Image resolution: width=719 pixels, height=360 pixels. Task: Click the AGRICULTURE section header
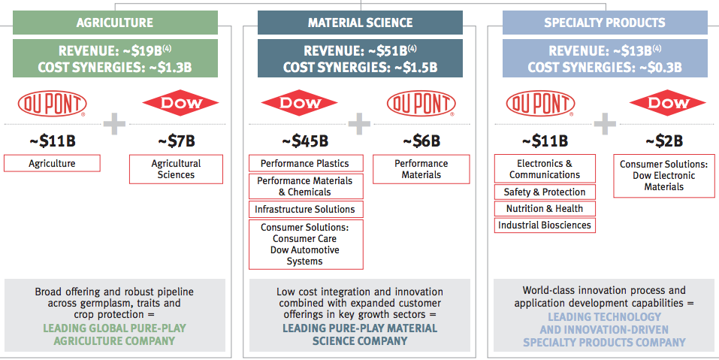tap(115, 23)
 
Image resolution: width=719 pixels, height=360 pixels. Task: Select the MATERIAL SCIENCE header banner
tap(360, 23)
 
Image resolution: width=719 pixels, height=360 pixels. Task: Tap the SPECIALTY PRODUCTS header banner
tap(605, 23)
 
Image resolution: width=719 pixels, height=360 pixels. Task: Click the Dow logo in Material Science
tap(298, 104)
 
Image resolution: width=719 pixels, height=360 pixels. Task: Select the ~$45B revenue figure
tap(306, 141)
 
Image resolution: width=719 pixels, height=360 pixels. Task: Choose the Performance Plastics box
tap(305, 163)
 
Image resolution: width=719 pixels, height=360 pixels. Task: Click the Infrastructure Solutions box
tap(305, 209)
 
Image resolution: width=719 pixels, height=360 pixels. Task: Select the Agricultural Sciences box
tap(177, 169)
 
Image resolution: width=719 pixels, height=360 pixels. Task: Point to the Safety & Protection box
tap(545, 192)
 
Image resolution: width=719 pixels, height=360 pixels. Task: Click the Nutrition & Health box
tap(545, 209)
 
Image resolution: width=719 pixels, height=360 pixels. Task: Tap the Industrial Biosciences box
tap(545, 225)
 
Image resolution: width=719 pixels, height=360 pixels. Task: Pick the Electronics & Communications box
tap(545, 169)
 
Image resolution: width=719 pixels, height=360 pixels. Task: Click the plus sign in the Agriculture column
tap(114, 123)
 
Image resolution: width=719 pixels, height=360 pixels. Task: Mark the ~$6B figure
tap(421, 141)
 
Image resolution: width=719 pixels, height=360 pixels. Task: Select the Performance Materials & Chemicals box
tap(305, 186)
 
